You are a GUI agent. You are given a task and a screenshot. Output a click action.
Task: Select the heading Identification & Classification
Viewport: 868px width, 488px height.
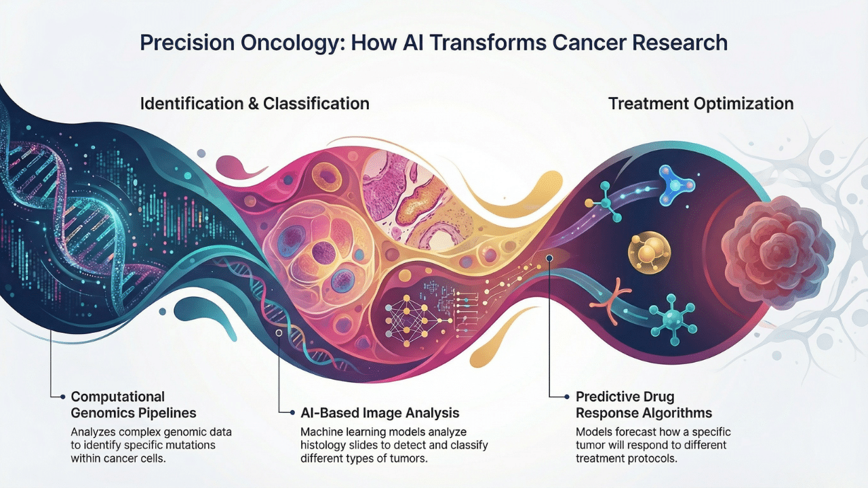pyautogui.click(x=254, y=104)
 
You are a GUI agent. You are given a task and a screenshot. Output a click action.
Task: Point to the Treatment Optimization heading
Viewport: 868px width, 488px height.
pyautogui.click(x=701, y=104)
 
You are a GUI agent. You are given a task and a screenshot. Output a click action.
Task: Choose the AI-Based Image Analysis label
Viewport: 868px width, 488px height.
pyautogui.click(x=379, y=413)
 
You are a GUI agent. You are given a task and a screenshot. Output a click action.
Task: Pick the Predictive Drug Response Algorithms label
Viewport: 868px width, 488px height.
pyautogui.click(x=644, y=404)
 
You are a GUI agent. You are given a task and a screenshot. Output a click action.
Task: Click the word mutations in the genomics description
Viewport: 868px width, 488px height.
pyautogui.click(x=184, y=445)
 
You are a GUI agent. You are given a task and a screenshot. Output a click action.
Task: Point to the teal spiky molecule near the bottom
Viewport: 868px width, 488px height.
pyautogui.click(x=671, y=314)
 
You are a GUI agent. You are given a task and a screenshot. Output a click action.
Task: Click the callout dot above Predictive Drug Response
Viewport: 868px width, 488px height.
pyautogui.click(x=549, y=258)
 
